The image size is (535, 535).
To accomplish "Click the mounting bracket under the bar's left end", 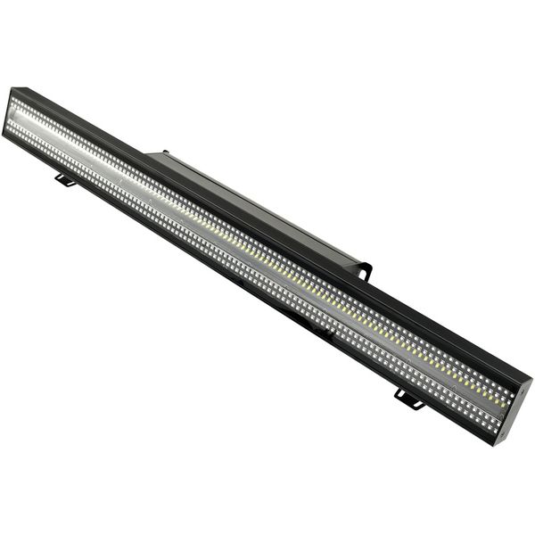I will pyautogui.click(x=64, y=180).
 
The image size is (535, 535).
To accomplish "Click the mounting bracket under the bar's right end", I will pyautogui.click(x=408, y=399).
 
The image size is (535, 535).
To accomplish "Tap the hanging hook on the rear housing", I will pyautogui.click(x=364, y=268).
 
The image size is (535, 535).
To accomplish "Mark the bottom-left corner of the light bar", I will pyautogui.click(x=4, y=134).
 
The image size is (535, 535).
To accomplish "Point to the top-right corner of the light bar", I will pyautogui.click(x=531, y=377).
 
